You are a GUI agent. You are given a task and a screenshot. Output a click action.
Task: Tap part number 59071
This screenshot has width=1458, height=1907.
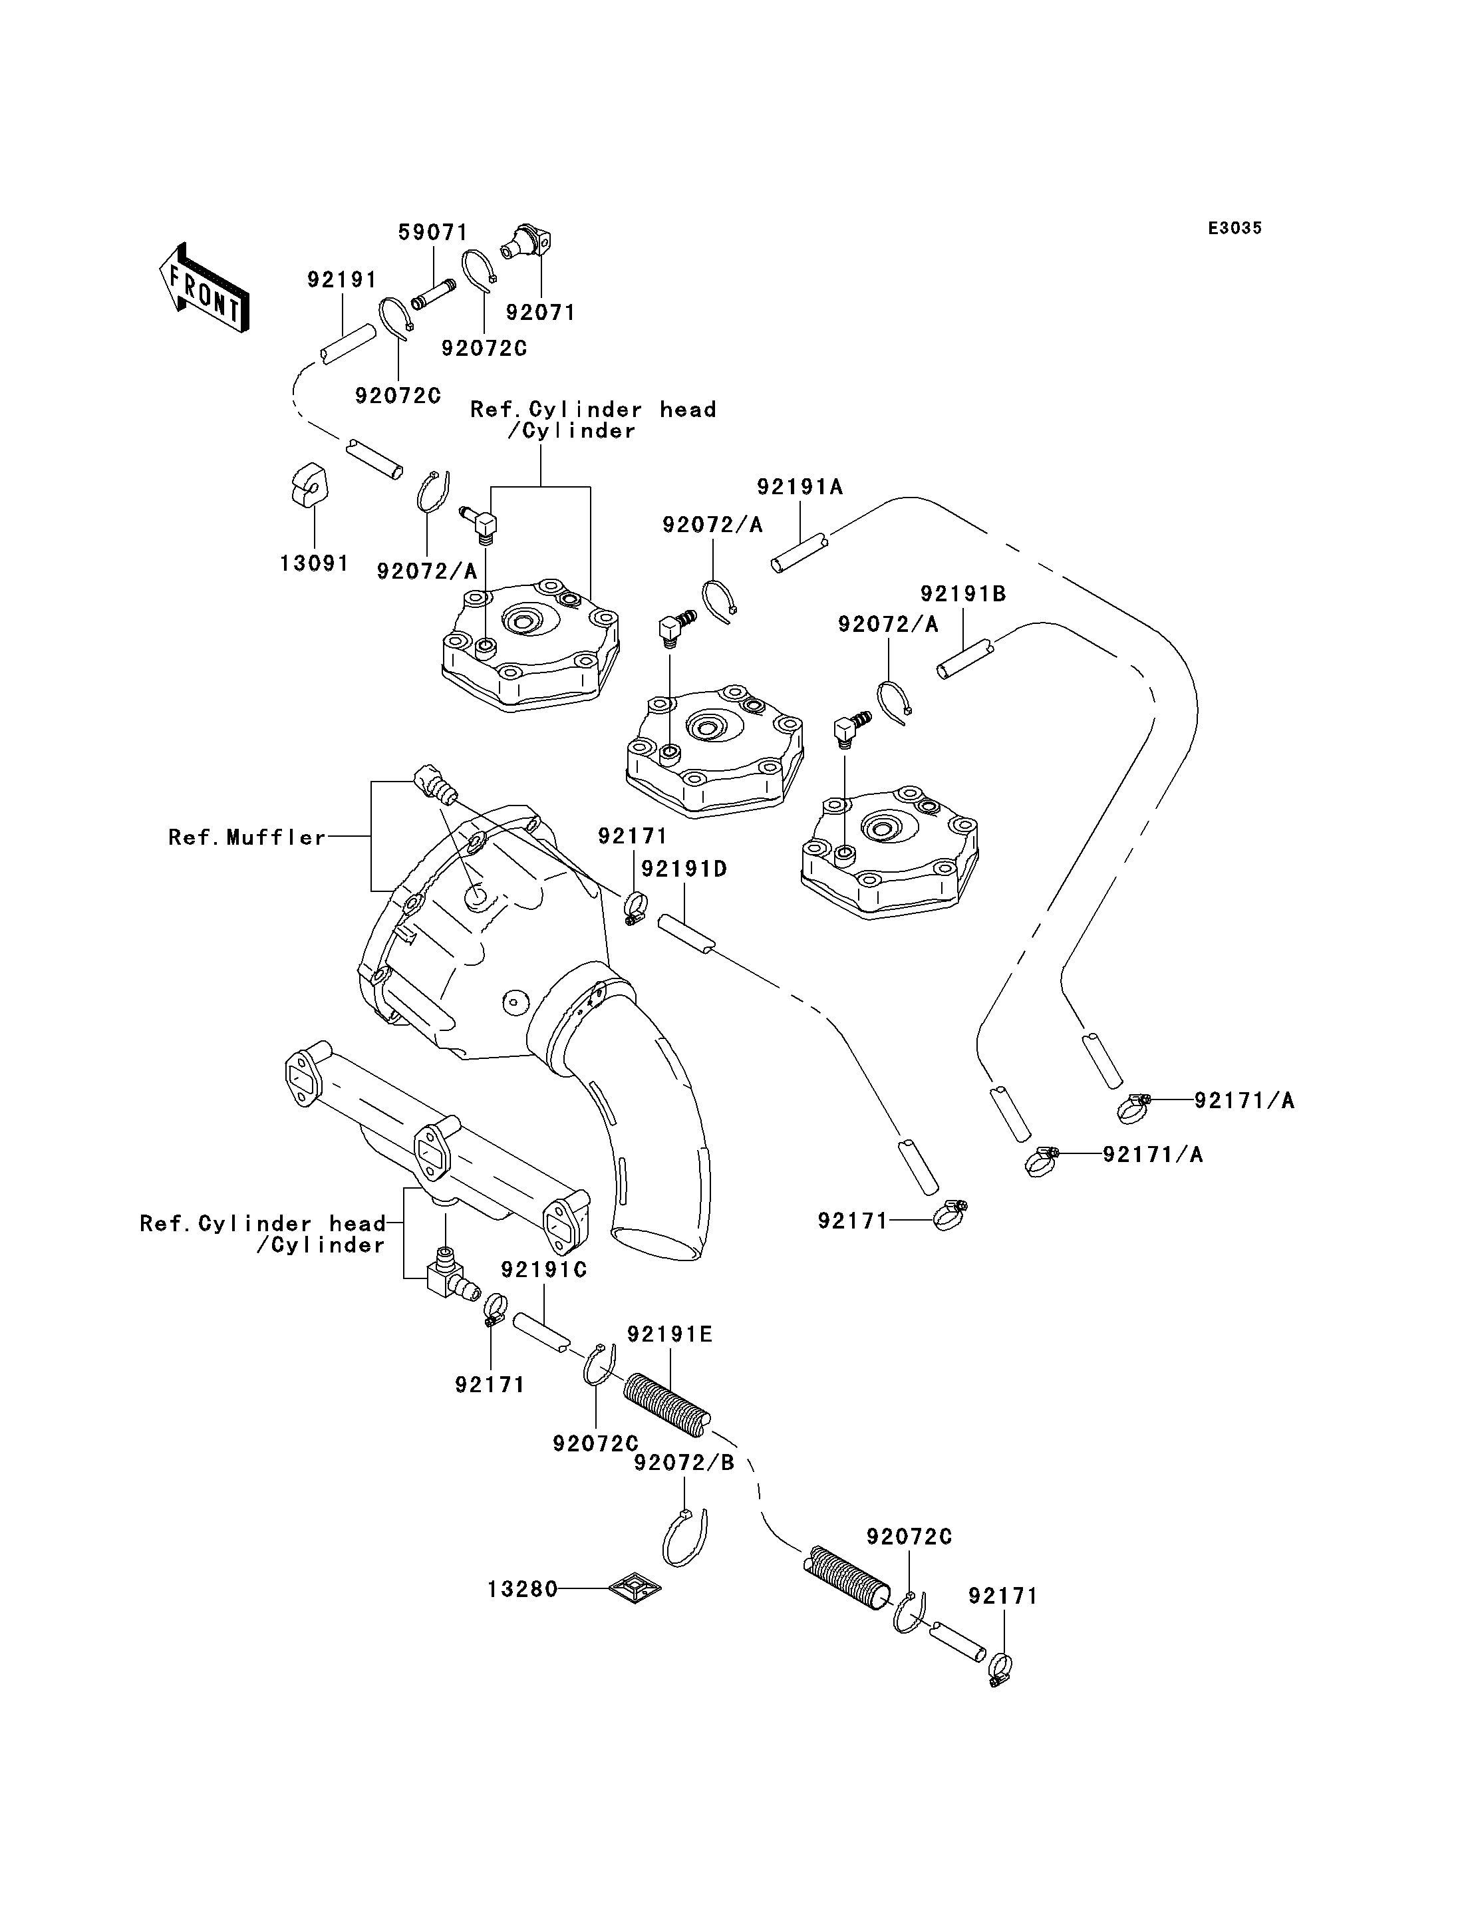(x=432, y=233)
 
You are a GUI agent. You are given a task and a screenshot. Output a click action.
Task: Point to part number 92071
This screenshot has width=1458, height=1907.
(x=540, y=313)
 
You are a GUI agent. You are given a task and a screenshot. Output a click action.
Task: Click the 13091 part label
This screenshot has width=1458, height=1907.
(x=314, y=563)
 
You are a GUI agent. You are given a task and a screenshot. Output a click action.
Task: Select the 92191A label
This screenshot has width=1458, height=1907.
(x=800, y=487)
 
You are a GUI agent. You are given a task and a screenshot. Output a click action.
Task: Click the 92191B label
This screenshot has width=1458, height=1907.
(x=962, y=594)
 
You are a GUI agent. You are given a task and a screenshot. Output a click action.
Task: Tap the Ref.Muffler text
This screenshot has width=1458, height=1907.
(x=247, y=837)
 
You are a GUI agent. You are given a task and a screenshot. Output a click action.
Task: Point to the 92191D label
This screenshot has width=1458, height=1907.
(x=684, y=869)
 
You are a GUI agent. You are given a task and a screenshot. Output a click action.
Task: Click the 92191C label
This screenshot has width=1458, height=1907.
(x=544, y=1270)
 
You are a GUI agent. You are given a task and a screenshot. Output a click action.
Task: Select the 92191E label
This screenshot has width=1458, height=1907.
(x=669, y=1334)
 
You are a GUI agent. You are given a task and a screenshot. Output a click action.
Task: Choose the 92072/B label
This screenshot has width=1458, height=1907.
(x=684, y=1463)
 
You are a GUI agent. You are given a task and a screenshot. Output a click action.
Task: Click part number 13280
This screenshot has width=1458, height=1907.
(x=521, y=1589)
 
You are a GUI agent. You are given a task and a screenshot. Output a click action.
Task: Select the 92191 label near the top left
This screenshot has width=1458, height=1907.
(x=342, y=279)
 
